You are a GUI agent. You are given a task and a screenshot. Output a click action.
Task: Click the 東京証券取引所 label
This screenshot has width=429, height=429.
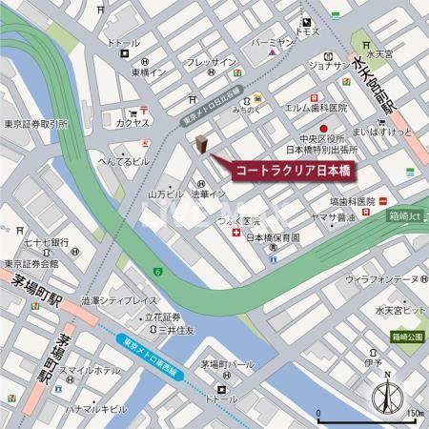pyautogui.click(x=34, y=124)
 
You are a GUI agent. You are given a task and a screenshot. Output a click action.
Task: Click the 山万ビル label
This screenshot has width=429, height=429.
pyautogui.click(x=165, y=194)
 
